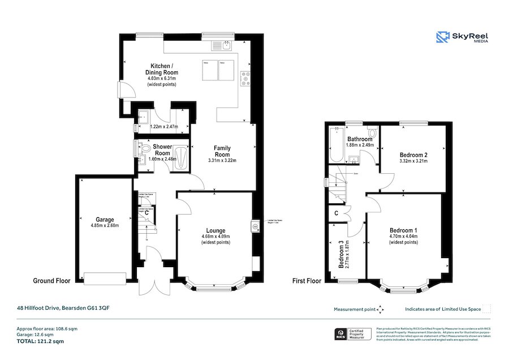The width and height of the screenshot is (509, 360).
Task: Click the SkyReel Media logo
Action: [462, 37]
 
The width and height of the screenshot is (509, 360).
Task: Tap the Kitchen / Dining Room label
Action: [162, 69]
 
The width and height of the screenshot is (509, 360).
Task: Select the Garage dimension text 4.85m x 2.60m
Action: [105, 225]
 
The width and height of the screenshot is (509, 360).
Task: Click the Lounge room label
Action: [215, 230]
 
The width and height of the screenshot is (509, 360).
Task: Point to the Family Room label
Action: [222, 151]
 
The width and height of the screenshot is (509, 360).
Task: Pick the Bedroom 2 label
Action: [413, 155]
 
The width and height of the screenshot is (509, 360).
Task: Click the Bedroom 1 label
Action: [403, 230]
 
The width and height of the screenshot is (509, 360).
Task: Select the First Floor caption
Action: [307, 280]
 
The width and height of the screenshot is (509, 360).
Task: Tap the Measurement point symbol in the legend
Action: [381, 309]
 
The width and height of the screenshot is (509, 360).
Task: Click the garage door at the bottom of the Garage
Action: [105, 278]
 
